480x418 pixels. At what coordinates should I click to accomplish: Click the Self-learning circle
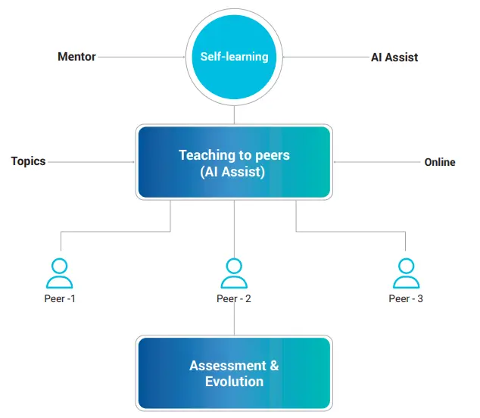point(234,57)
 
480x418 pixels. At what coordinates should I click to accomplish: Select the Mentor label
point(77,57)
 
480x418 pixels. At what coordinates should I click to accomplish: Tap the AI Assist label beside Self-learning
point(394,57)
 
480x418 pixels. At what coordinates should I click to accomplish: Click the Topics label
point(28,161)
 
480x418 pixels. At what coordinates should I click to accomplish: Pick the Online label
point(440,162)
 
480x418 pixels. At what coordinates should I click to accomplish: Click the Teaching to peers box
point(234,163)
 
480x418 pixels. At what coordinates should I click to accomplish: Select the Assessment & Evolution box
point(234,373)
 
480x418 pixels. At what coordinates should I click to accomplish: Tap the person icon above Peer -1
point(60,273)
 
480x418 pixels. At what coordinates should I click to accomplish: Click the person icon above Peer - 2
point(234,273)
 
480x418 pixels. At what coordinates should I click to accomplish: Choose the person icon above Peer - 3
point(406,273)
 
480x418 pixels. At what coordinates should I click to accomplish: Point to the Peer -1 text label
point(60,298)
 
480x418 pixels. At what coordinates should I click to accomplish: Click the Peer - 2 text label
point(234,298)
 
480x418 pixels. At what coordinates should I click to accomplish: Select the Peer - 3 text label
point(406,298)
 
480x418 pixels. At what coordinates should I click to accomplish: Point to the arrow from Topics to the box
point(91,161)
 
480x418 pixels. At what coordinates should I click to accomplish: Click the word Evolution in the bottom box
point(234,382)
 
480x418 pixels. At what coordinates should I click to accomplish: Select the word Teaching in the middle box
point(204,155)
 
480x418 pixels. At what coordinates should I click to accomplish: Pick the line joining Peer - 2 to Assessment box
point(234,320)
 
